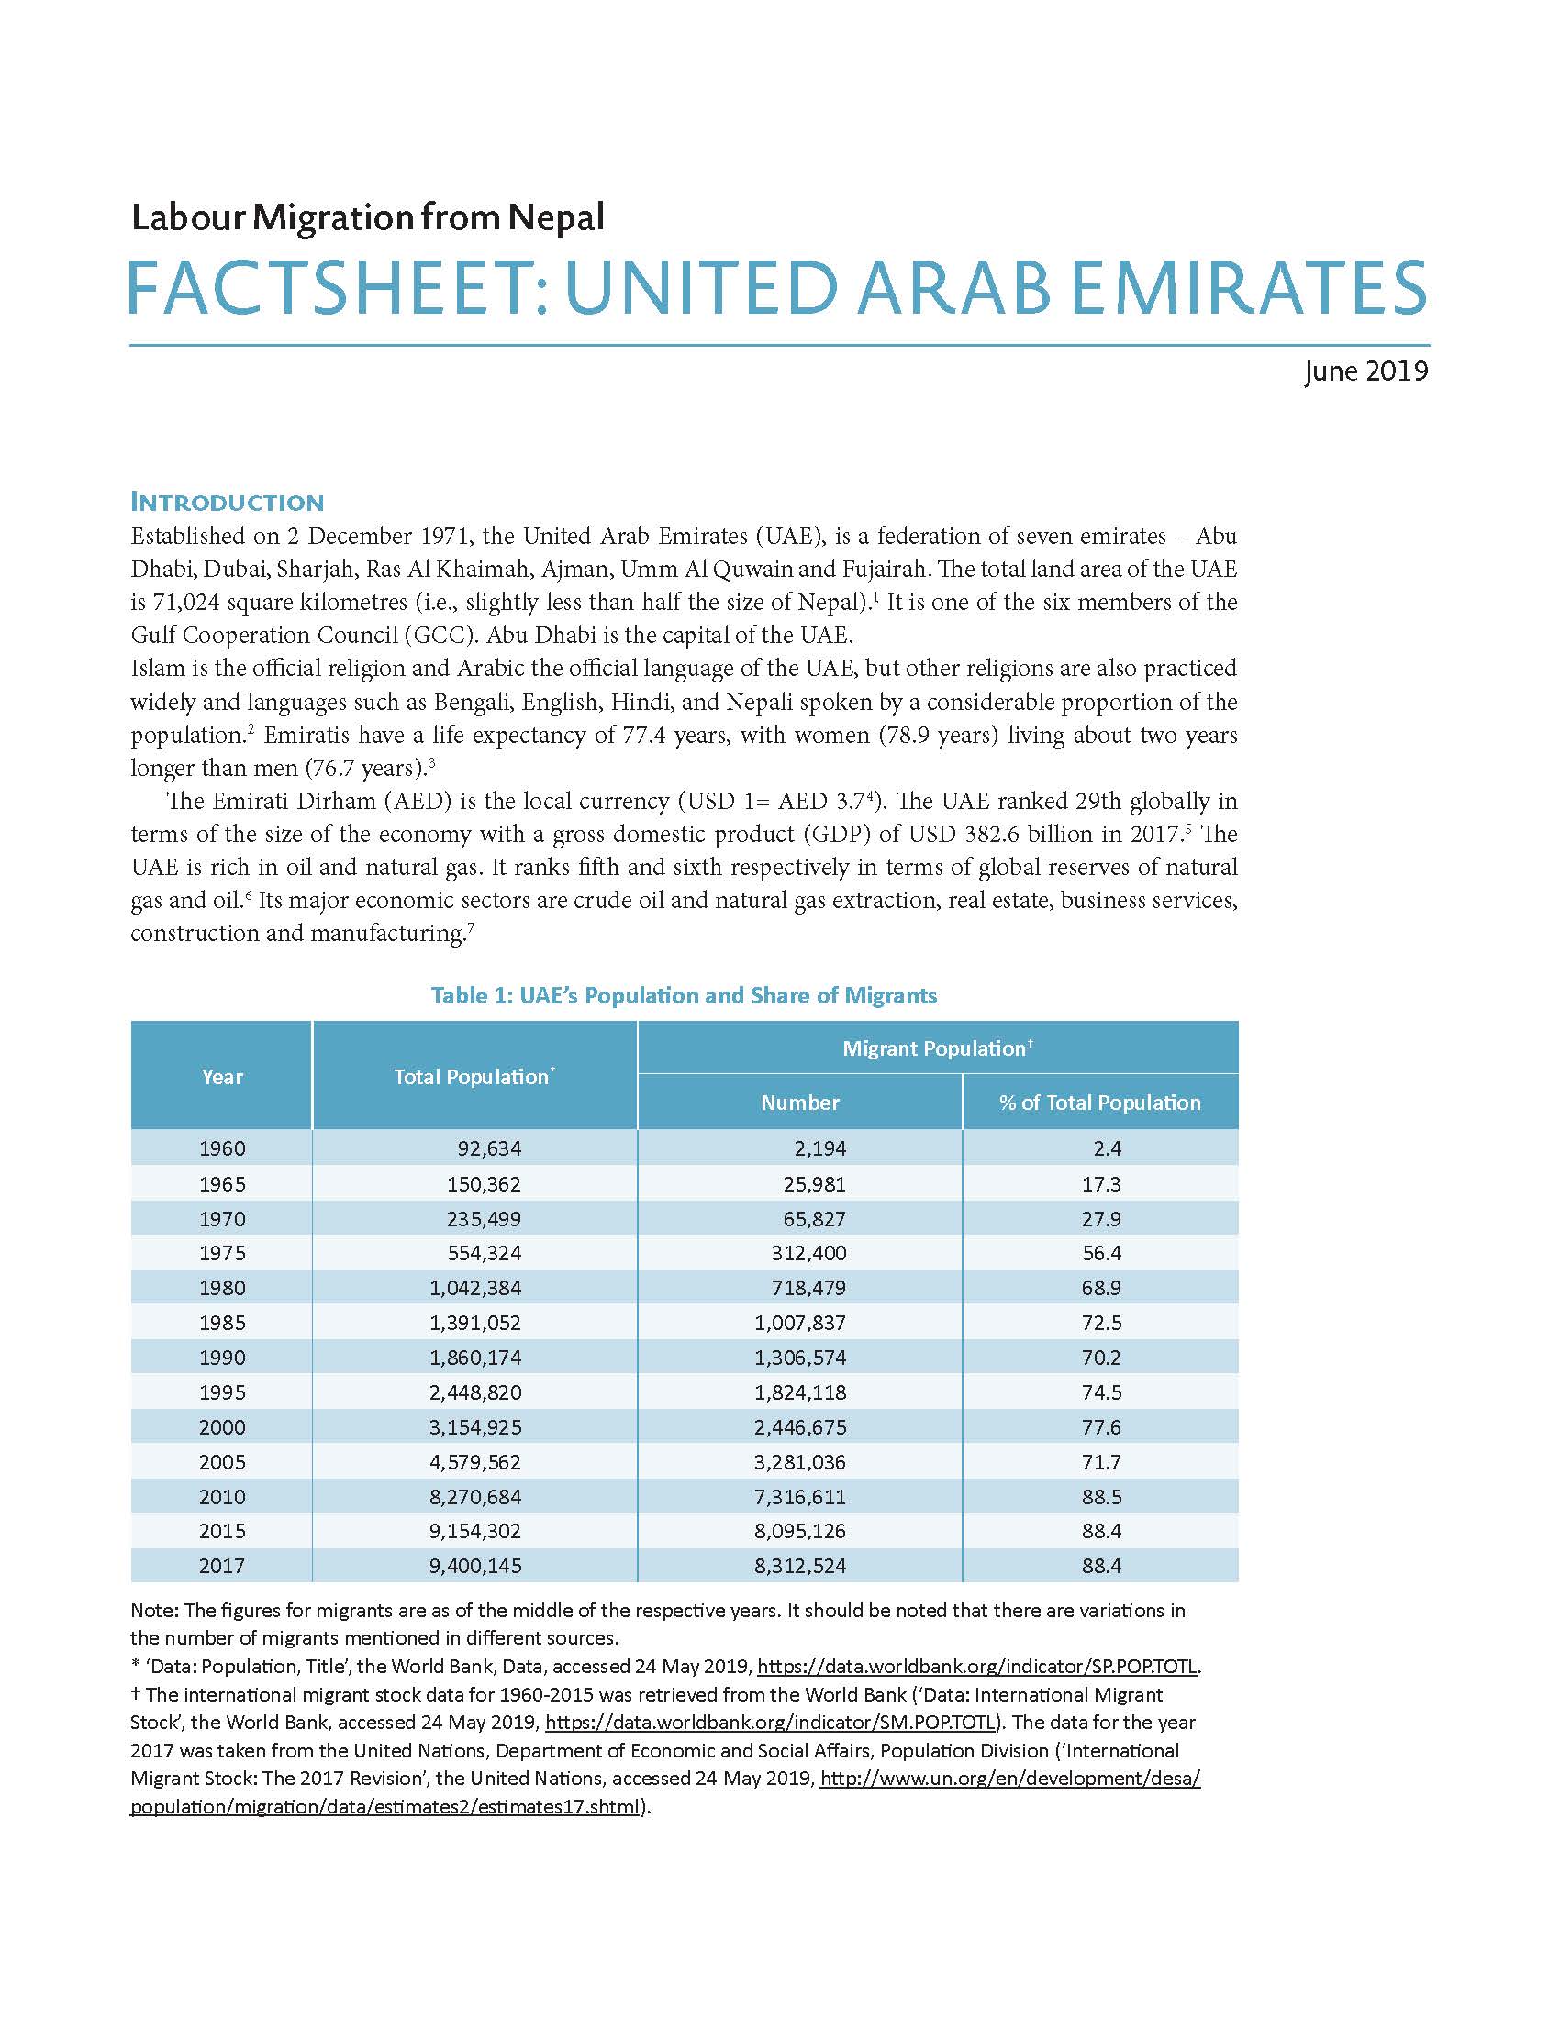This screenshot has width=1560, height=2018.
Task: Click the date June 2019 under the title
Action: click(x=1365, y=371)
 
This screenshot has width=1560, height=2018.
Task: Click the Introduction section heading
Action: click(x=228, y=503)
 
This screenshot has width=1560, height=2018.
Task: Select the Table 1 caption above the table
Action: click(x=684, y=996)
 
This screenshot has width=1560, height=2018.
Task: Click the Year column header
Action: click(x=222, y=1077)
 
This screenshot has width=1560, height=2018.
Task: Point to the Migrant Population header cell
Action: click(x=937, y=1048)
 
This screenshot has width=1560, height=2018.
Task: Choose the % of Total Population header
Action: click(x=1099, y=1103)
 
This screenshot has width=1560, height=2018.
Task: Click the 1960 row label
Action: click(x=222, y=1148)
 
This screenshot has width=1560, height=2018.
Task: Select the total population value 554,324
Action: click(x=487, y=1253)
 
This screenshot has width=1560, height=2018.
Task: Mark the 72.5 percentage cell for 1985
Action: click(x=1100, y=1322)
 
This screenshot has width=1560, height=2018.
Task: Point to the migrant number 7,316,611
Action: click(x=799, y=1497)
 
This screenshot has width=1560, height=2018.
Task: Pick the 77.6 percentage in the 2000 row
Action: click(x=1100, y=1427)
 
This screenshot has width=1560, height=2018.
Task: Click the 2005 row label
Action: click(x=222, y=1462)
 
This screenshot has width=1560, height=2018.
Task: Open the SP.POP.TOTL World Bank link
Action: click(x=977, y=1667)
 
